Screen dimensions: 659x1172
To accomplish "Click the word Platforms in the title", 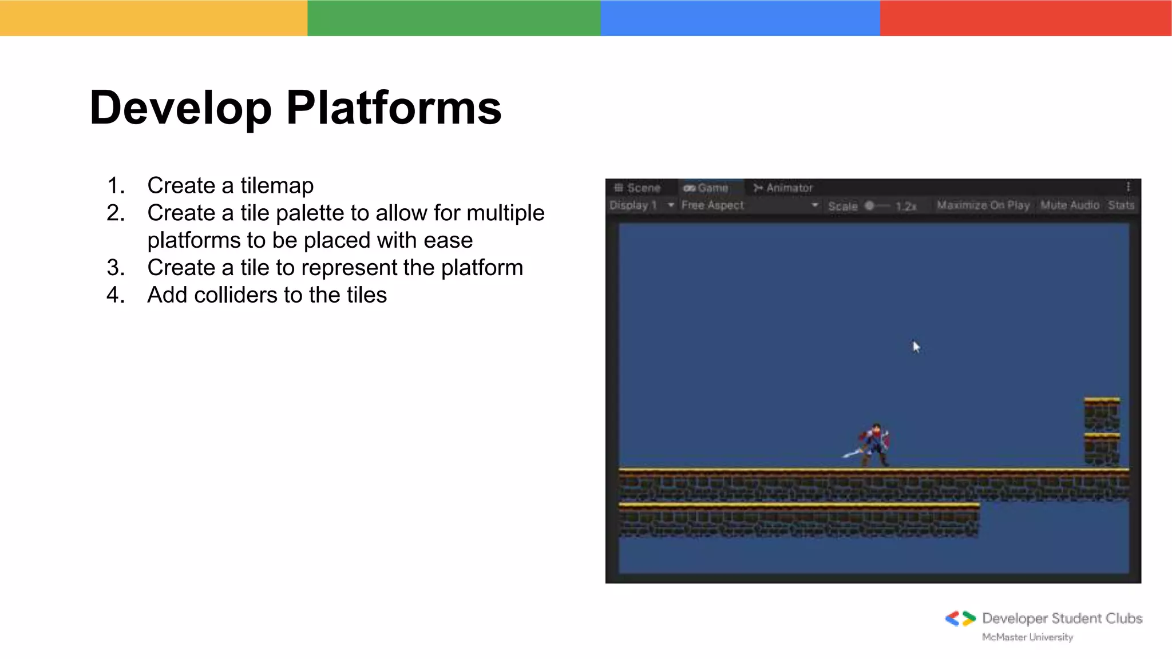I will [394, 108].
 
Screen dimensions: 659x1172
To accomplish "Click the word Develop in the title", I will [180, 108].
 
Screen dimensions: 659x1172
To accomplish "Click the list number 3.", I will [115, 268].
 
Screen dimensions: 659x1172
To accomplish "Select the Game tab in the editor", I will [706, 188].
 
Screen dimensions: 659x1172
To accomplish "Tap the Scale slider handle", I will [869, 205].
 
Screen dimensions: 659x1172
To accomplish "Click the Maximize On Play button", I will [983, 205].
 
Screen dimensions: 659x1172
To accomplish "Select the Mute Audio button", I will [1070, 205].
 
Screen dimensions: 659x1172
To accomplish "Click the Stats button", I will [1120, 205].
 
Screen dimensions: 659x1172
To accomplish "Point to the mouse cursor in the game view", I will [916, 347].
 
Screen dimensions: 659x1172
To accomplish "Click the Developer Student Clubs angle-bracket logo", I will [960, 618].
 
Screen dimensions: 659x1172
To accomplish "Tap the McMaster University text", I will [1027, 637].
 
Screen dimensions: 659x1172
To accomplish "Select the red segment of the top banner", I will [1025, 18].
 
